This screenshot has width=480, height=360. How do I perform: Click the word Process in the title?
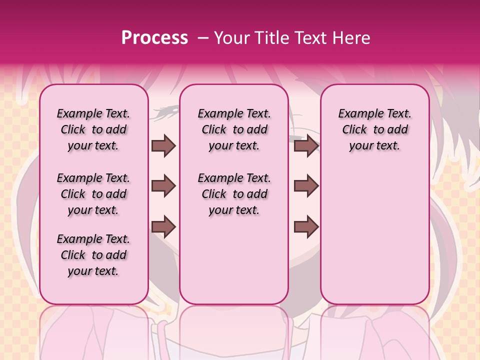[x=154, y=38]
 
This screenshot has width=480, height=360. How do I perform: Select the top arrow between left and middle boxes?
[x=163, y=146]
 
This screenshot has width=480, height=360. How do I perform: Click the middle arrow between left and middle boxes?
[x=163, y=186]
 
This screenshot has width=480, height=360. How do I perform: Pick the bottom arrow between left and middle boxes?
[x=163, y=226]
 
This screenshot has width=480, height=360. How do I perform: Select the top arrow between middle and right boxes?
[x=306, y=146]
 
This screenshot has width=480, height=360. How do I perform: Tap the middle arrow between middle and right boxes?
[x=306, y=186]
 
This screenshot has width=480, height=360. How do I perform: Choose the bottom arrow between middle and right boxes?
[x=306, y=226]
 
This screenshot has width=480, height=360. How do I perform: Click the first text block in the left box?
[x=93, y=129]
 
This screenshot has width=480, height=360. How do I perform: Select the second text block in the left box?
[x=93, y=194]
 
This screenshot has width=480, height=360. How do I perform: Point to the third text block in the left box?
[x=93, y=255]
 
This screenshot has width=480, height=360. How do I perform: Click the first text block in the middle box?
[x=234, y=129]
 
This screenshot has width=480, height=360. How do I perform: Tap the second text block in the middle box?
[x=234, y=194]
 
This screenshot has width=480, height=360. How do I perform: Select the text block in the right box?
[x=375, y=129]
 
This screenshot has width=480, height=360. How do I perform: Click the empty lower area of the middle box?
[x=234, y=260]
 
